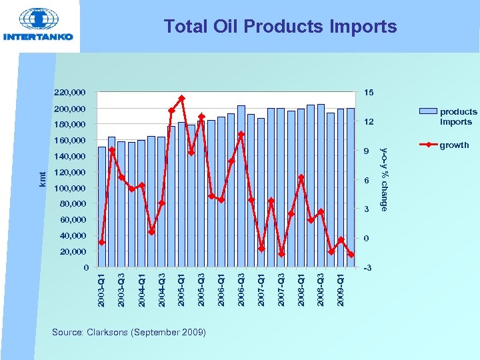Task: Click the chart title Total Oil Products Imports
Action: click(280, 27)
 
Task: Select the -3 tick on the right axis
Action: click(369, 268)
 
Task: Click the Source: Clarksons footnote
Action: click(129, 332)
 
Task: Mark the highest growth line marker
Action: click(181, 99)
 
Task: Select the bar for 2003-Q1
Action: click(101, 207)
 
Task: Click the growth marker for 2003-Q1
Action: click(101, 243)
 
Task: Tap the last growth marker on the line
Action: click(351, 255)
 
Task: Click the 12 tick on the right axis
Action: click(369, 123)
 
